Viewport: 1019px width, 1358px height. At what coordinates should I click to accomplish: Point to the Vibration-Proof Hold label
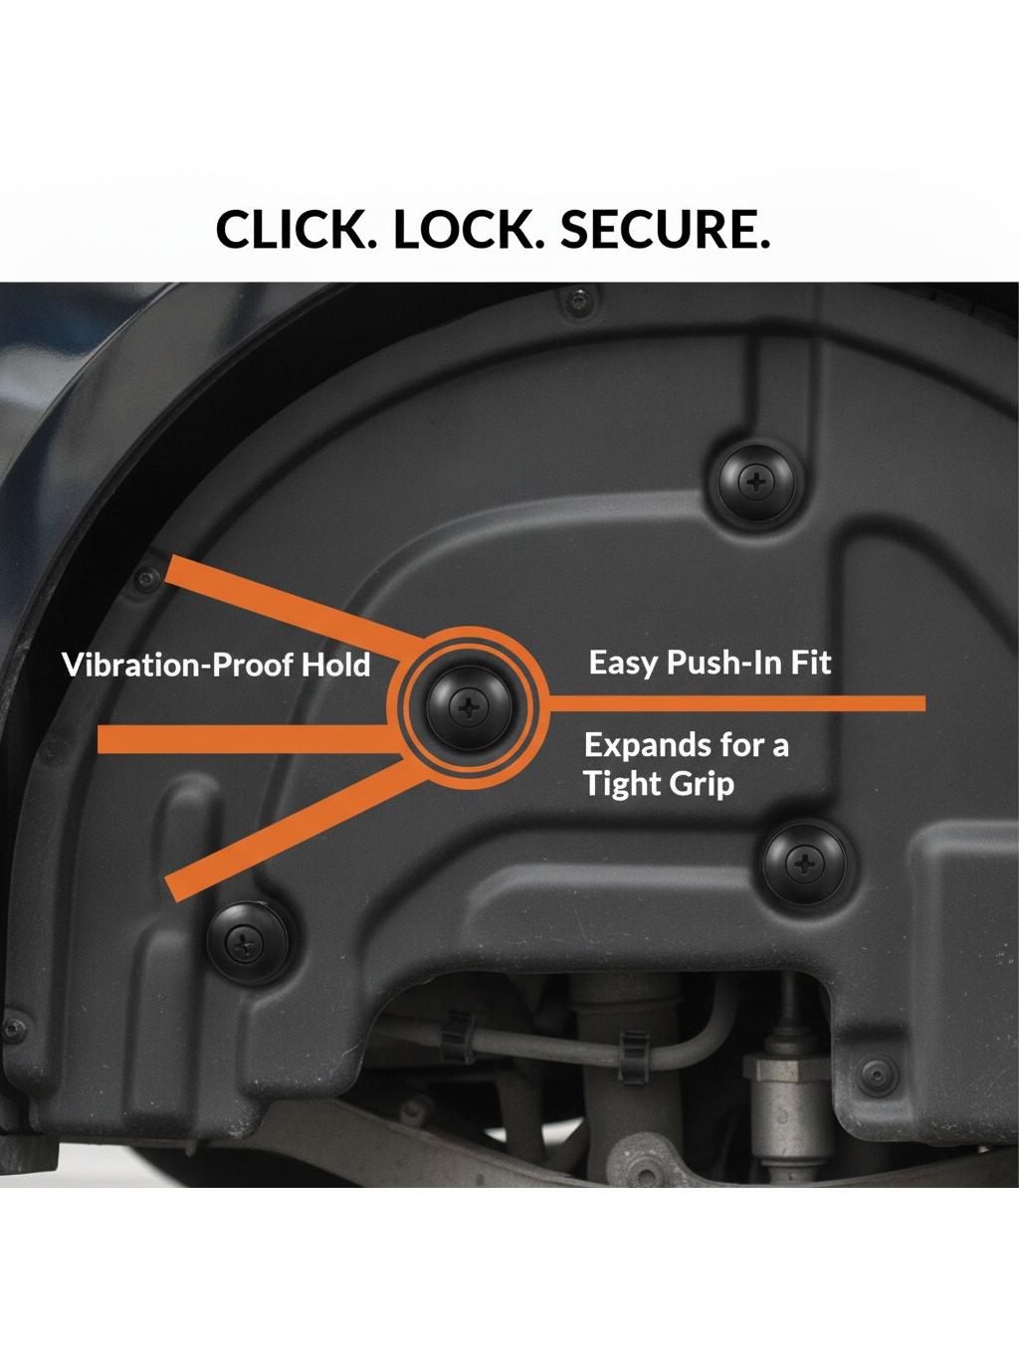[x=216, y=665]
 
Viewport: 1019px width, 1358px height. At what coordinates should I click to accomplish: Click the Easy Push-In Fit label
[x=710, y=663]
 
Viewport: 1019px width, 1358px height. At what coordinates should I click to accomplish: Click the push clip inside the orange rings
[x=469, y=706]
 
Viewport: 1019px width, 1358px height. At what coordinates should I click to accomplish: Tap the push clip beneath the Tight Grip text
[x=804, y=864]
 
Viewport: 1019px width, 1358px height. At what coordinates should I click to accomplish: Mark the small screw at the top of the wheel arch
[x=577, y=300]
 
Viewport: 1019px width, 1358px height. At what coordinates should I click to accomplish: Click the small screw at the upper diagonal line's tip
[x=148, y=579]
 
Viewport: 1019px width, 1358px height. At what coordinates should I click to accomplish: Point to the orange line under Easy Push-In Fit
[x=736, y=703]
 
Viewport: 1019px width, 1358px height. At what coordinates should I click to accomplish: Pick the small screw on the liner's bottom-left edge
[x=14, y=1029]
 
